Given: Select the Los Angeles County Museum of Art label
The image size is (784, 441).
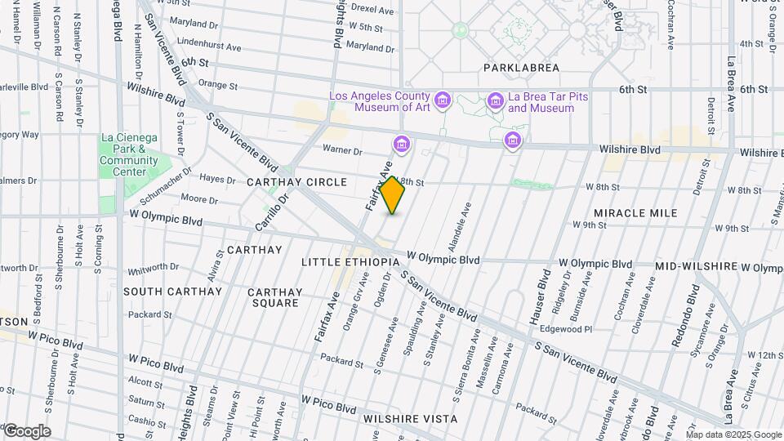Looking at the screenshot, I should point(380,101).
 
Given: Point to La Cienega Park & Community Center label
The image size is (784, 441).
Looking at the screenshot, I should point(128,154).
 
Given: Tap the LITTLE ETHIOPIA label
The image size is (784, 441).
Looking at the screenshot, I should point(350,262).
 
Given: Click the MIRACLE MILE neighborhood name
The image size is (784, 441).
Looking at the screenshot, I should point(635,213).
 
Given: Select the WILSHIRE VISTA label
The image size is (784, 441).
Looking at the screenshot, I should point(410,419).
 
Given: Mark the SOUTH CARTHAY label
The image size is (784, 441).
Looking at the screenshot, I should point(172,292).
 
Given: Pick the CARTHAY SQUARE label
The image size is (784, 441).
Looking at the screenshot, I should point(274,297).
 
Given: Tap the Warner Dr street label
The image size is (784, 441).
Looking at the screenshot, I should point(342,150).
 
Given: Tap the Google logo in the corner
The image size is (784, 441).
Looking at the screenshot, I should point(27,430).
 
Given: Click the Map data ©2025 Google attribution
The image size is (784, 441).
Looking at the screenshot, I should point(733,434).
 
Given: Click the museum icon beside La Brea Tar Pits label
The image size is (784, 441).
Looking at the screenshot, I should point(495,101).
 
